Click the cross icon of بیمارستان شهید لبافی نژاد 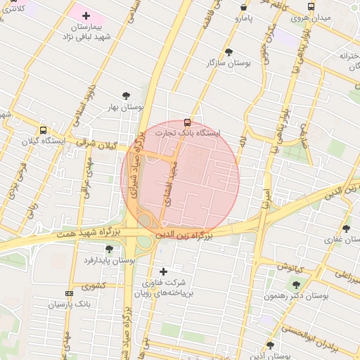86,15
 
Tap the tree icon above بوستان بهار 126,95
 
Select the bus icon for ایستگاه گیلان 44,130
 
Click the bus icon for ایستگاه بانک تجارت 186,122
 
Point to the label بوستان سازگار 228,63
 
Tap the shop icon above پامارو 243,7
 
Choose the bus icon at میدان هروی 301,7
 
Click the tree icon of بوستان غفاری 345,229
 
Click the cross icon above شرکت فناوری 163,271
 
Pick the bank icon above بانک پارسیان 68,293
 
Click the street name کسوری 92,286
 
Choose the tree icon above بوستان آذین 270,345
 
